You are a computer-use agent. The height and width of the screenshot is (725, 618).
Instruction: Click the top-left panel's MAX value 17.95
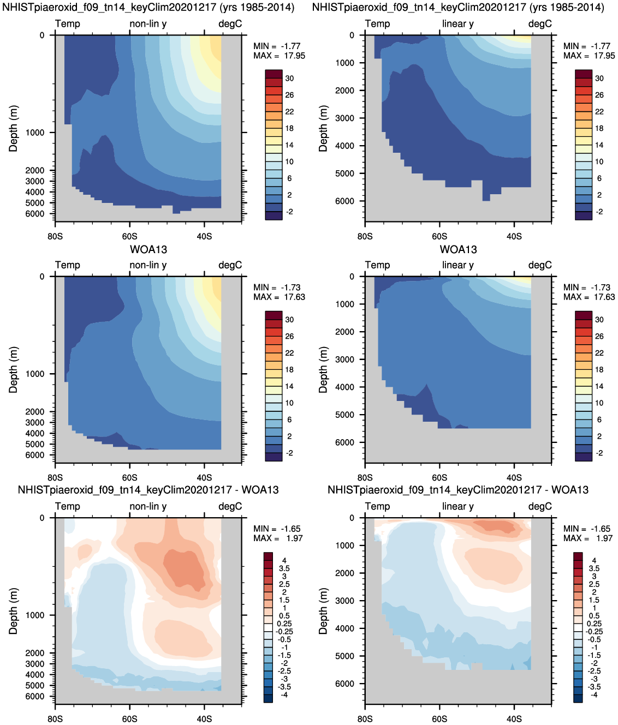[x=294, y=56]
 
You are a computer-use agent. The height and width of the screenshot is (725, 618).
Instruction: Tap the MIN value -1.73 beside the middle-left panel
[x=290, y=287]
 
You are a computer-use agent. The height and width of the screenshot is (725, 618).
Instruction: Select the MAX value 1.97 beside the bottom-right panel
[x=604, y=538]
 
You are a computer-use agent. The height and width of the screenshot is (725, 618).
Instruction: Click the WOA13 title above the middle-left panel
[x=148, y=250]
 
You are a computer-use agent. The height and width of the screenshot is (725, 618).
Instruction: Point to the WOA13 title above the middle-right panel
[x=459, y=250]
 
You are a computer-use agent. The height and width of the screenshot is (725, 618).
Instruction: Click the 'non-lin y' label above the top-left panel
[x=148, y=24]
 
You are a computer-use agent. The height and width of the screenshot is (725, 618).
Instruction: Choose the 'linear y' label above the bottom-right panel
[x=458, y=506]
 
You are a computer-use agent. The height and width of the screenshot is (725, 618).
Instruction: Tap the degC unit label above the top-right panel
[x=540, y=24]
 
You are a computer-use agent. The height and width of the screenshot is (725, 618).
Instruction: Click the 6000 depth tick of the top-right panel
[x=345, y=201]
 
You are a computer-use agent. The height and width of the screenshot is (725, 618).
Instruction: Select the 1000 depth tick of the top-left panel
[x=35, y=133]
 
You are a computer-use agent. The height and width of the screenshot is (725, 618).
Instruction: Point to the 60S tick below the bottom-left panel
[x=130, y=719]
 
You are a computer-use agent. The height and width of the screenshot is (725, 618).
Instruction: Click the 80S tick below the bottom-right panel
[x=365, y=719]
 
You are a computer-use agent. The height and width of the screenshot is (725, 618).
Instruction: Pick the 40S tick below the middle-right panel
[x=514, y=477]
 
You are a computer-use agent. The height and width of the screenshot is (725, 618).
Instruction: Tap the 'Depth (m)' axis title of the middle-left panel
[x=14, y=369]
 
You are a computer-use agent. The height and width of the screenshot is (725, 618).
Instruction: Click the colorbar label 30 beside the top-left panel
[x=289, y=79]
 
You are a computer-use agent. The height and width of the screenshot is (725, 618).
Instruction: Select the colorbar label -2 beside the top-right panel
[x=599, y=212]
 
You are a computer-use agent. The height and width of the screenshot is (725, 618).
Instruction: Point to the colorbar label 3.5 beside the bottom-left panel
[x=284, y=568]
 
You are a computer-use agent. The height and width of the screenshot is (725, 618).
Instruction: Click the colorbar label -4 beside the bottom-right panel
[x=593, y=695]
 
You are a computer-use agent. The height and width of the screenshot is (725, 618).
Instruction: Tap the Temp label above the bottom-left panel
[x=68, y=506]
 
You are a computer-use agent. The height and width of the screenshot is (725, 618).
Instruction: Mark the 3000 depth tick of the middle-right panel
[x=345, y=359]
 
